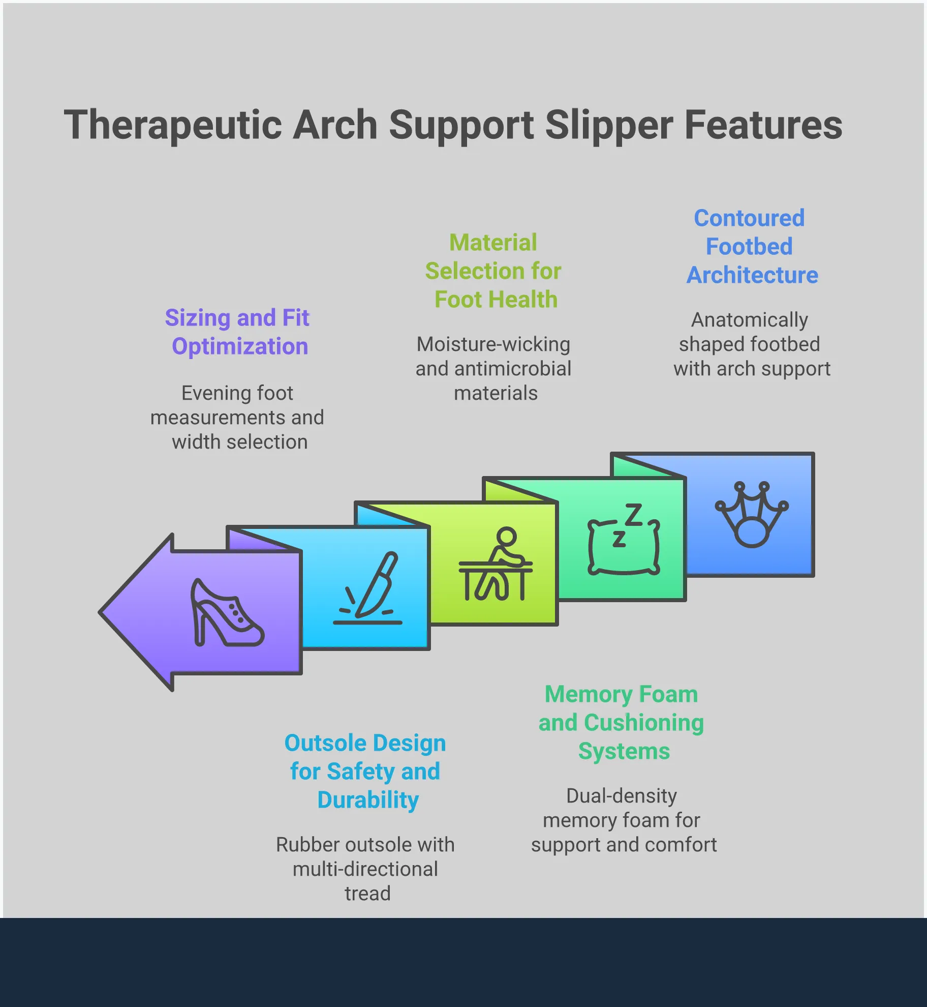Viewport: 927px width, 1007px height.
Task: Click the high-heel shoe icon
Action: (227, 613)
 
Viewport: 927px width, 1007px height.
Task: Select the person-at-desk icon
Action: (496, 565)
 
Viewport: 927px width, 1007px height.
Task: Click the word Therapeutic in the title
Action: (172, 125)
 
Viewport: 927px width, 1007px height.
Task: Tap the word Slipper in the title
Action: (609, 125)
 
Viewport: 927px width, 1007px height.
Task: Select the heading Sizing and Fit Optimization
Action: (238, 332)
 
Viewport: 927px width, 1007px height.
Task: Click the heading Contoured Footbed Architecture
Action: (751, 247)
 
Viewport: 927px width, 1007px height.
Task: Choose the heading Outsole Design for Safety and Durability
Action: (365, 772)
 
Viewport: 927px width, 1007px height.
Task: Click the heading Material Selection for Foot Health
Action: (493, 271)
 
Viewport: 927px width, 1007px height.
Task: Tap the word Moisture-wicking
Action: (493, 344)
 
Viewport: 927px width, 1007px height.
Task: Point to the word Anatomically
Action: (750, 320)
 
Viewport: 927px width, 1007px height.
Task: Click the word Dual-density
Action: (622, 796)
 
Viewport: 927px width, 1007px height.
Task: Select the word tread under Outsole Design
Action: (367, 894)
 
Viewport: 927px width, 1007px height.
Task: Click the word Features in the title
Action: (763, 125)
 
